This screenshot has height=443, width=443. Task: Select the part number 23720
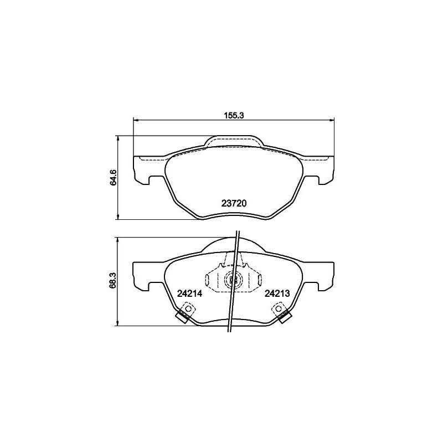[234, 203]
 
